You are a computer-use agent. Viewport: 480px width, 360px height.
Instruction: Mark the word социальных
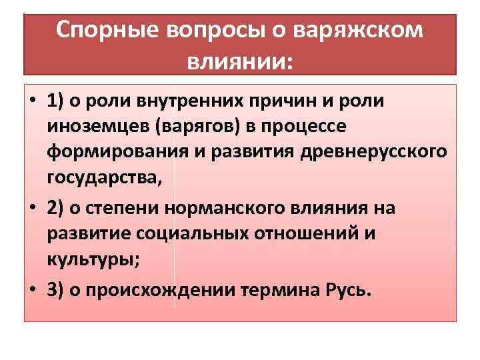pos(178,233)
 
